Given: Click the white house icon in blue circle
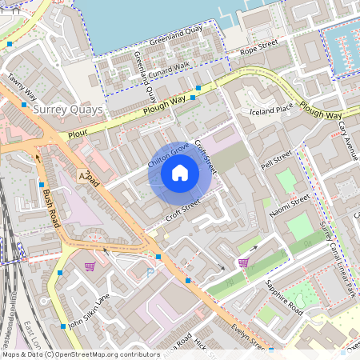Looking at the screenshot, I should pos(180,172).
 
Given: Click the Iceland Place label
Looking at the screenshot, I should pos(271,110).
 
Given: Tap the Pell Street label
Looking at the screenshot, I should pos(277,159).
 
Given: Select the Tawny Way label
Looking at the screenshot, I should pos(22,87).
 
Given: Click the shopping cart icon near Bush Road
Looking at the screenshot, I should pos(90,266).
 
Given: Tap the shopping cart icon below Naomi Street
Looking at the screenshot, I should pos(243,262).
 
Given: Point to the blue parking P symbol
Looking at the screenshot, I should pos(150,273).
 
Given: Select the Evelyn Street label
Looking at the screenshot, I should pos(250,339).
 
